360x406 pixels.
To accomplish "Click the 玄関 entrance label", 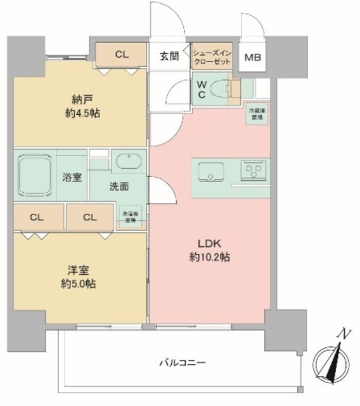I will (x=169, y=56).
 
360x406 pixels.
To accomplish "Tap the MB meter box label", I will (x=252, y=56).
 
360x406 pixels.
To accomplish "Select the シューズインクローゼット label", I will (x=212, y=56).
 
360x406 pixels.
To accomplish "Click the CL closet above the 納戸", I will (x=122, y=55).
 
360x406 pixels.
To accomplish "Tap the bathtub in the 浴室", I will (x=37, y=176).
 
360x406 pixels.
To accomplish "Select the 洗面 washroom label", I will (x=119, y=187).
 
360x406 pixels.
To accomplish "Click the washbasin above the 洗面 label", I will (x=130, y=159).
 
